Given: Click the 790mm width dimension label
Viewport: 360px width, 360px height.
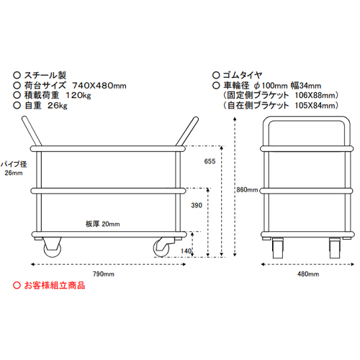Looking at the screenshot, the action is (104, 274).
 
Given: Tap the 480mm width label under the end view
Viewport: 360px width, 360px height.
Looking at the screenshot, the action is (308, 274).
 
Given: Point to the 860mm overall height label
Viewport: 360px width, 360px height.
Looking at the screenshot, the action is (247, 190).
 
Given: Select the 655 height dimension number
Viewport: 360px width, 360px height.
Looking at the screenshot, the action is (210, 161).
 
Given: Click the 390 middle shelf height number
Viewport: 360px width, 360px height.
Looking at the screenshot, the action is (197, 205).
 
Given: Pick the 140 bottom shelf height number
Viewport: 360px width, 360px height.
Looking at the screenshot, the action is (186, 251).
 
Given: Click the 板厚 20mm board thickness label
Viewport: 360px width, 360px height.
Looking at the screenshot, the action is (103, 224).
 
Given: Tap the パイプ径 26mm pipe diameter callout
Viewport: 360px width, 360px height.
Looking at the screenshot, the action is (14, 168).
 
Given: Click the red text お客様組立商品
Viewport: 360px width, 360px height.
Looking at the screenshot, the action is (55, 285).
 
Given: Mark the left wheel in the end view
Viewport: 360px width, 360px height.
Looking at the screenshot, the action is (278, 248).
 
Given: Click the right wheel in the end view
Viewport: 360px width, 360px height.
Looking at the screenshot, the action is (335, 248).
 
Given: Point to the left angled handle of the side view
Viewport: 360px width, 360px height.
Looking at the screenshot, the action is (32, 131).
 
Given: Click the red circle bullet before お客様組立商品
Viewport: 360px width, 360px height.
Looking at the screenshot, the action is (17, 285).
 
